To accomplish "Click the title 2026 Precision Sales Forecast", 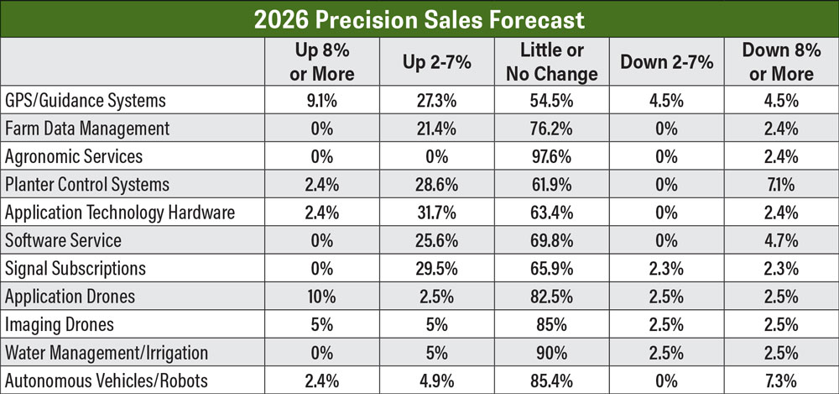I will point(419,18).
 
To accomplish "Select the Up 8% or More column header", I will point(322,62).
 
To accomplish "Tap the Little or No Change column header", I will point(552,62).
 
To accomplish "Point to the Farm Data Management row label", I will point(87,129).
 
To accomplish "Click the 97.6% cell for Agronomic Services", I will point(552,156).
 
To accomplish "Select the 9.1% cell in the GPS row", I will point(322,101).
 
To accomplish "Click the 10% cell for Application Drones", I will point(322,296).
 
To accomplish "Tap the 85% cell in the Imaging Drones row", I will point(552,323).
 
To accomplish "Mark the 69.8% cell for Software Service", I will point(552,240).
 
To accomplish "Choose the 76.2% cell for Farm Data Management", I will point(552,129).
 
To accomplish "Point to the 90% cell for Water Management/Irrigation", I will point(552,351).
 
